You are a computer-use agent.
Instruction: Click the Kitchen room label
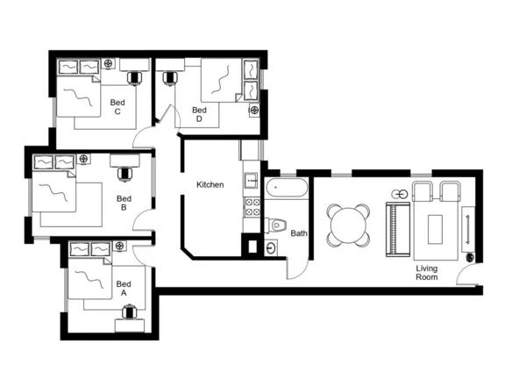click(x=210, y=185)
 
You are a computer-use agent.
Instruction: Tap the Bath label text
click(x=299, y=233)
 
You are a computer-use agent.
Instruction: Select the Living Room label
click(x=427, y=273)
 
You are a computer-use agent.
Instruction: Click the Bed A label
click(x=124, y=289)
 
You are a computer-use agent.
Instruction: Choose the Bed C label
click(x=117, y=107)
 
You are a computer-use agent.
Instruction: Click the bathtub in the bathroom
click(x=287, y=187)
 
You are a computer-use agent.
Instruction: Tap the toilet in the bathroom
click(x=277, y=225)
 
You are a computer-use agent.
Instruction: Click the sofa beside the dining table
click(x=398, y=229)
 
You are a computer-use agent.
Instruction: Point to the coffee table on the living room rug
click(x=436, y=230)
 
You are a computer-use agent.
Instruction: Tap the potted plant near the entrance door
click(x=471, y=257)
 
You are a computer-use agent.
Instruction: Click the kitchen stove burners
click(x=251, y=208)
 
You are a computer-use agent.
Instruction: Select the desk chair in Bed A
click(x=131, y=311)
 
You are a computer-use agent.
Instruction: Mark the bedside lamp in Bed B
click(x=84, y=159)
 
